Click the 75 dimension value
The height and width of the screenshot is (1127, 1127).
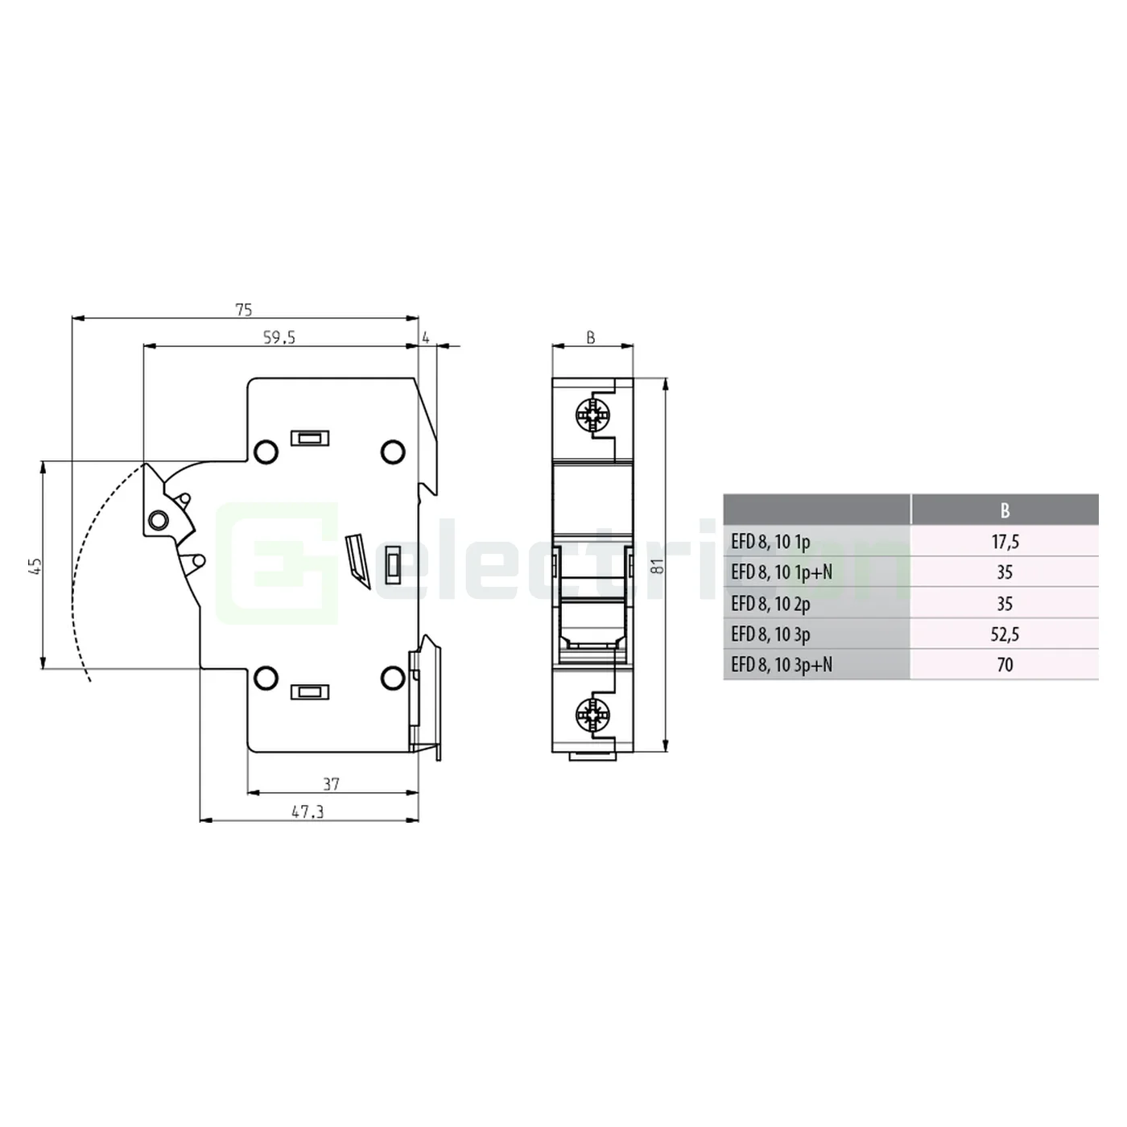click(243, 309)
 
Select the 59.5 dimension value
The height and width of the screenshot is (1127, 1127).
click(279, 337)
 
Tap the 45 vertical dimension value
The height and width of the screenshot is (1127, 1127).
click(34, 566)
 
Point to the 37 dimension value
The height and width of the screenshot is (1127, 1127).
click(331, 783)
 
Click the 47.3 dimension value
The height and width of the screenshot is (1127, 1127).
click(308, 811)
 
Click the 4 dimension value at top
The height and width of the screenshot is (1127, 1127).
click(426, 337)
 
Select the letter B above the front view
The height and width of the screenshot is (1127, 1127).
click(591, 337)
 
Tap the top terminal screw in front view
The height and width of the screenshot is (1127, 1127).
click(593, 416)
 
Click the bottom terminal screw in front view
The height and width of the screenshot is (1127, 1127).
click(593, 714)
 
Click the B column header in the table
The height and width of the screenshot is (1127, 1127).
click(1005, 510)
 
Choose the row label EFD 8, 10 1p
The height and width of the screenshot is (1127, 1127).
click(770, 542)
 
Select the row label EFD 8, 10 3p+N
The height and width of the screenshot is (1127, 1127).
click(782, 665)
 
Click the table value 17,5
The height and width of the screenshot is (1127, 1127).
click(1005, 542)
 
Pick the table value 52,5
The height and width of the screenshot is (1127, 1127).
click(1005, 634)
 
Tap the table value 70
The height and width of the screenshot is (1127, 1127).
click(1005, 665)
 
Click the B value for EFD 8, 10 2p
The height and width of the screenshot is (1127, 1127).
click(1005, 604)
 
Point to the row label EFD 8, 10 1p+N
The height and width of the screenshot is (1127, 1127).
click(782, 572)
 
